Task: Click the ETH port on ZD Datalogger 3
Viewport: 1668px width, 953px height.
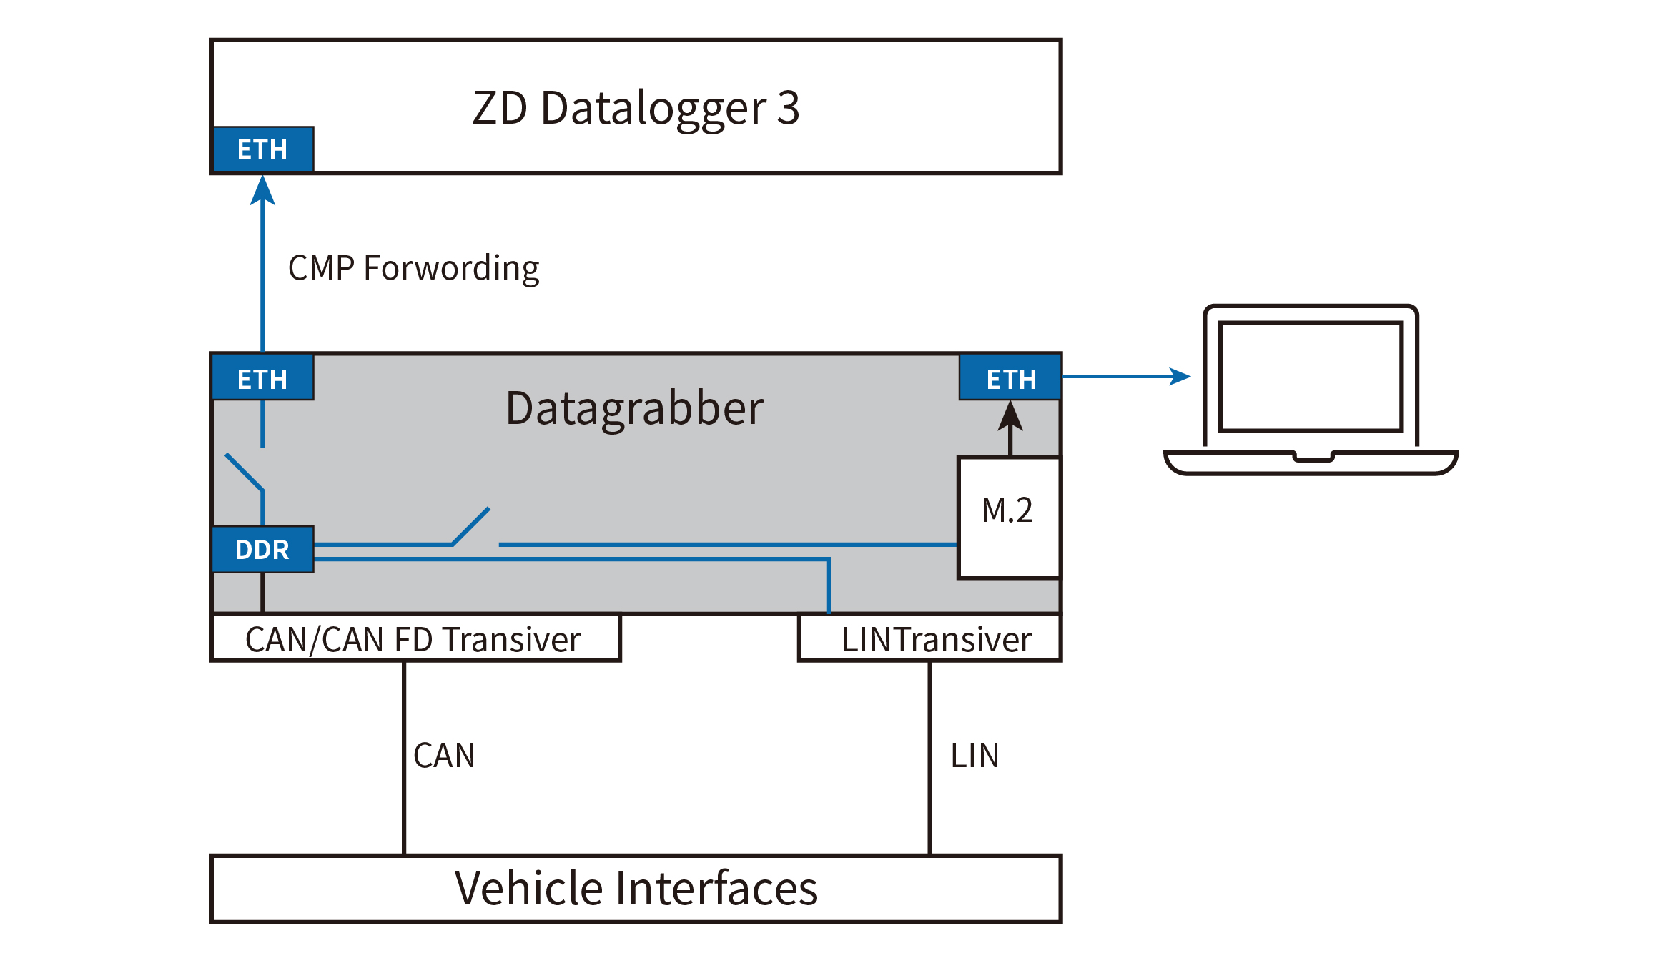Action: point(262,149)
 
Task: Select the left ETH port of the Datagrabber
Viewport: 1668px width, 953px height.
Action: point(262,377)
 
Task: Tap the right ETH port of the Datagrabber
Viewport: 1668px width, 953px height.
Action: point(1010,377)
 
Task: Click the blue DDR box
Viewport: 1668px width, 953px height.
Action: point(262,549)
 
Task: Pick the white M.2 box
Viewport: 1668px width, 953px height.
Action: point(1008,516)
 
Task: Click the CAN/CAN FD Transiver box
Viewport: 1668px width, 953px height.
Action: point(415,638)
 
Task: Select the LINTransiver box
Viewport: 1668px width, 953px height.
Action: point(929,638)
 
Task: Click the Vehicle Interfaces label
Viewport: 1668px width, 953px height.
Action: point(636,889)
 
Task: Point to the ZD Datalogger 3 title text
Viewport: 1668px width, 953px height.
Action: point(636,108)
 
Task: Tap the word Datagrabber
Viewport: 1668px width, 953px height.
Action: point(634,408)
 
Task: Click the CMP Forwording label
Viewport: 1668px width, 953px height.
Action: point(413,268)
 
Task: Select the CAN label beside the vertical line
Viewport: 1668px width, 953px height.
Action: point(444,756)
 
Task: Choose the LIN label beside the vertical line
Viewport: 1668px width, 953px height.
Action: point(974,756)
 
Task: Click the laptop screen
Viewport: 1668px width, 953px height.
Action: point(1311,377)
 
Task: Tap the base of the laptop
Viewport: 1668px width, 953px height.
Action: point(1311,463)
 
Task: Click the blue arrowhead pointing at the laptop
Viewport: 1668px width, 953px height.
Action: point(1181,376)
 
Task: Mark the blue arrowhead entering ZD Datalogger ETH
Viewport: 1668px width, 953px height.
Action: point(262,189)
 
